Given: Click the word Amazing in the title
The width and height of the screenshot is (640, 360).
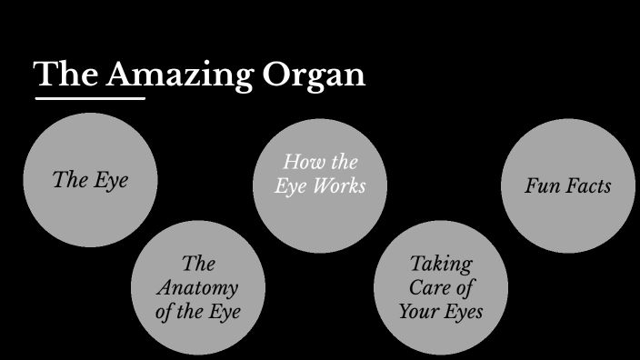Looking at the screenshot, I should click(179, 75).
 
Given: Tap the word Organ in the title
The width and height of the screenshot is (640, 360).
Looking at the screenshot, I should click(314, 75).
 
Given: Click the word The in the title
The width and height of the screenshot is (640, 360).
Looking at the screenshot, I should click(65, 75).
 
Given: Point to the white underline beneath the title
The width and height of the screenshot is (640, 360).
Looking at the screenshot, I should click(89, 97).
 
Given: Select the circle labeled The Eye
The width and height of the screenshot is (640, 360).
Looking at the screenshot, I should click(90, 180).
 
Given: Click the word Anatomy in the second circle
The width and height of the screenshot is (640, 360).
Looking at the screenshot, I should click(197, 288).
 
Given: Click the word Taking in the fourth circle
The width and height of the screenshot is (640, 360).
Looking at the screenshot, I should click(441, 265).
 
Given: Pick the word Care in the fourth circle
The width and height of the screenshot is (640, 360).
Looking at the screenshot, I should click(430, 288).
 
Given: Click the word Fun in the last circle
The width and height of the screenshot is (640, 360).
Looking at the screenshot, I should click(542, 186).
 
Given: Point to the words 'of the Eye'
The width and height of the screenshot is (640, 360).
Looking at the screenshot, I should click(198, 312).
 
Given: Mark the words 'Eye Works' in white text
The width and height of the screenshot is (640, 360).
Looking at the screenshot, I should click(320, 185).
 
